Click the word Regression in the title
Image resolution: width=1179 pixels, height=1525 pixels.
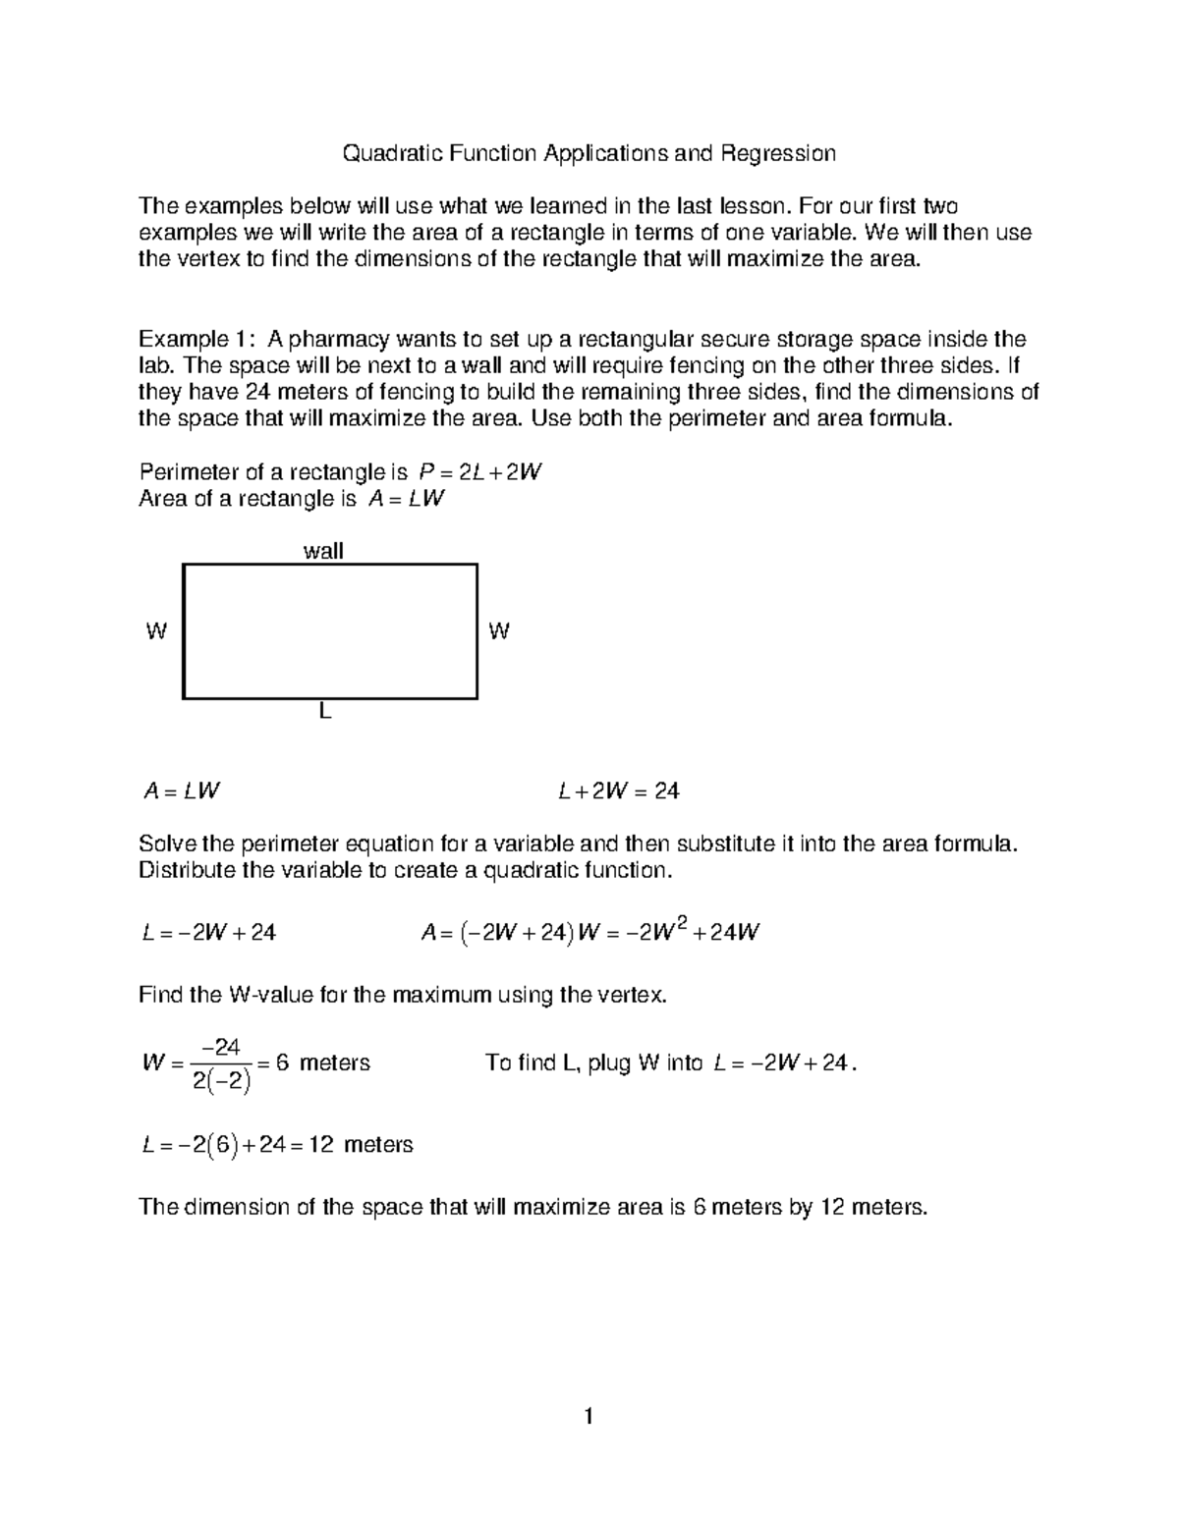(777, 153)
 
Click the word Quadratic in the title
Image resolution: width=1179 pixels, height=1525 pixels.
(385, 153)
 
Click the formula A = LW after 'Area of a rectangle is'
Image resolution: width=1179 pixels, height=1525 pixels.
(406, 499)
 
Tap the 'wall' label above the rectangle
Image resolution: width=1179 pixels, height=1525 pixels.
(323, 551)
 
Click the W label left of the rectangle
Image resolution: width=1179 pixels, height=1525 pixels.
(155, 632)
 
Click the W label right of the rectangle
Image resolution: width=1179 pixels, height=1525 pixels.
(499, 632)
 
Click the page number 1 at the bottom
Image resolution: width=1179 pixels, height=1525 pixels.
(588, 1416)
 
